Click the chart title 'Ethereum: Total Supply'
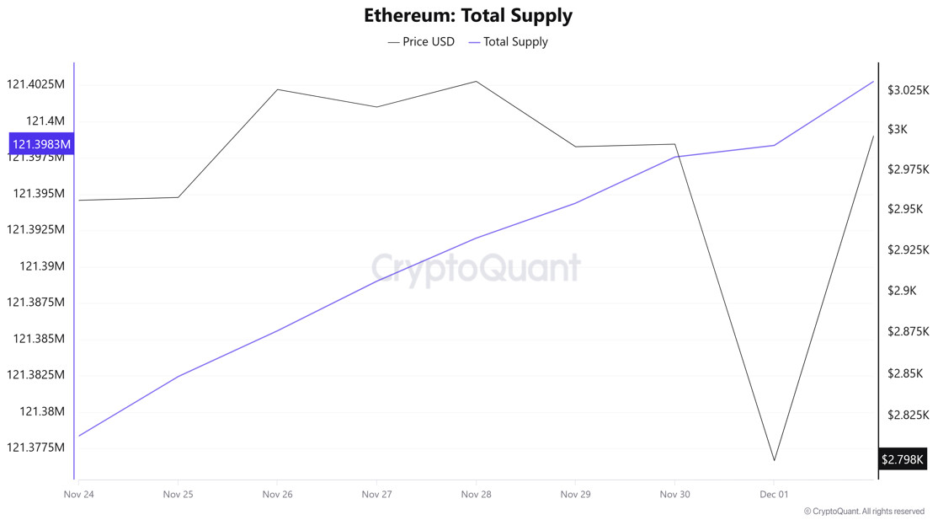coord(468,15)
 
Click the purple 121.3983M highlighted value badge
coord(41,144)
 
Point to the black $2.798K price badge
coord(902,459)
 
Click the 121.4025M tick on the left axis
coord(35,84)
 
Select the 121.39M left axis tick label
coord(42,266)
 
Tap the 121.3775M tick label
coord(35,448)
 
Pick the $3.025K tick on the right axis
coord(908,90)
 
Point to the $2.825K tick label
coord(908,415)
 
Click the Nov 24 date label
coord(78,495)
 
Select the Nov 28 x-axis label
coord(476,495)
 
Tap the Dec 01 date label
coord(774,495)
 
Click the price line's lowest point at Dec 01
coord(774,460)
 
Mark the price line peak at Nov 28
coord(476,82)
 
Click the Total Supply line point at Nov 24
coord(79,436)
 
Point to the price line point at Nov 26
coord(277,89)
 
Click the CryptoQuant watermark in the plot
coord(476,268)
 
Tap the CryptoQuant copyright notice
coord(864,512)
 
